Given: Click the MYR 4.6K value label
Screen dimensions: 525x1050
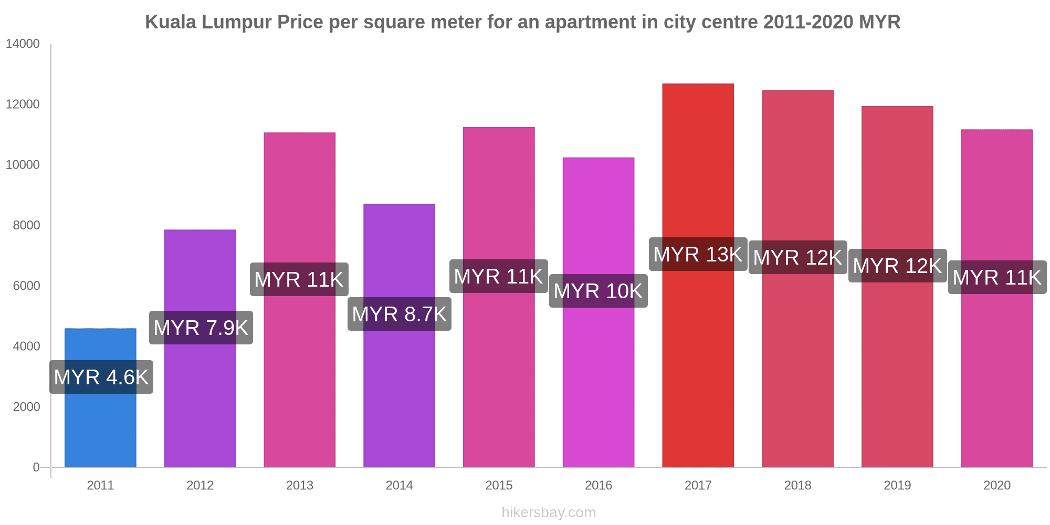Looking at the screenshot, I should click(101, 377).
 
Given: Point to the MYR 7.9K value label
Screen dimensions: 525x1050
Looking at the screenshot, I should click(201, 328).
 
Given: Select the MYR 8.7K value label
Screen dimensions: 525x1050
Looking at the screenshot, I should click(400, 314).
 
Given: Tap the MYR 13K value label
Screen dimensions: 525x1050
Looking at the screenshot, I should click(698, 254).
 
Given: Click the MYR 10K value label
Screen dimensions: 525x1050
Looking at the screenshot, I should click(598, 291).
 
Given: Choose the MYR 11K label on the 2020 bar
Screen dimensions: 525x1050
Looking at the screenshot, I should click(997, 277).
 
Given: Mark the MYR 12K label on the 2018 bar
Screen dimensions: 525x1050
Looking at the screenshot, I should click(797, 257).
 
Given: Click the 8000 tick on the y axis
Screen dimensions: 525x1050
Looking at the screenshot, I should click(26, 225).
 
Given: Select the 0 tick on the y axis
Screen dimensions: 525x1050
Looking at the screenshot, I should click(36, 467).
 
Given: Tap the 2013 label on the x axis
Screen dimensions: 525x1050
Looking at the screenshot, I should click(300, 485).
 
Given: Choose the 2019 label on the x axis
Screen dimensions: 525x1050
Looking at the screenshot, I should click(897, 485).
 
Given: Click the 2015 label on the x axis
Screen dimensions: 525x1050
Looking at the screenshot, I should click(499, 485).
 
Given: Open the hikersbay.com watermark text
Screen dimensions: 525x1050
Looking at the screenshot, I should click(549, 512).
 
